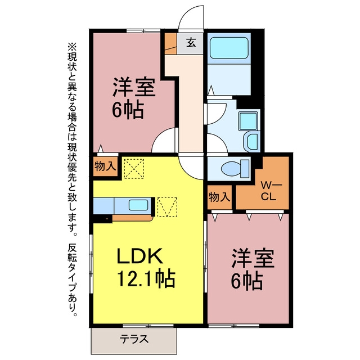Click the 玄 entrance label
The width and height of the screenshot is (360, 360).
[191, 43]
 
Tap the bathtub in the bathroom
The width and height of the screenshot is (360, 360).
[229, 48]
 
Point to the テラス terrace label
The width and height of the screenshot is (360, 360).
[134, 339]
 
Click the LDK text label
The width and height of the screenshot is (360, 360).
[139, 256]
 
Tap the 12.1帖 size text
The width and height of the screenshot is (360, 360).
[146, 279]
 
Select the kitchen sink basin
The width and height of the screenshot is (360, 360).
[138, 205]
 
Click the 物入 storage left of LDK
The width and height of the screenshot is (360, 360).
[105, 166]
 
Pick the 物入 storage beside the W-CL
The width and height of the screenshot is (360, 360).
[219, 197]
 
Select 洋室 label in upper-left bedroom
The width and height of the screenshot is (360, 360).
[134, 88]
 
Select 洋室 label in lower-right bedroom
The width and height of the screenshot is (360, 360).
[253, 258]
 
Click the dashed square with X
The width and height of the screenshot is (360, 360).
[134, 169]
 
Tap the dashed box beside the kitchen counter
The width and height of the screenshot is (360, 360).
[167, 206]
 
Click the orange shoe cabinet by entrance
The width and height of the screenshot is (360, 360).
[170, 44]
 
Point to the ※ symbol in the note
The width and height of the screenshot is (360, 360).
[72, 47]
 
